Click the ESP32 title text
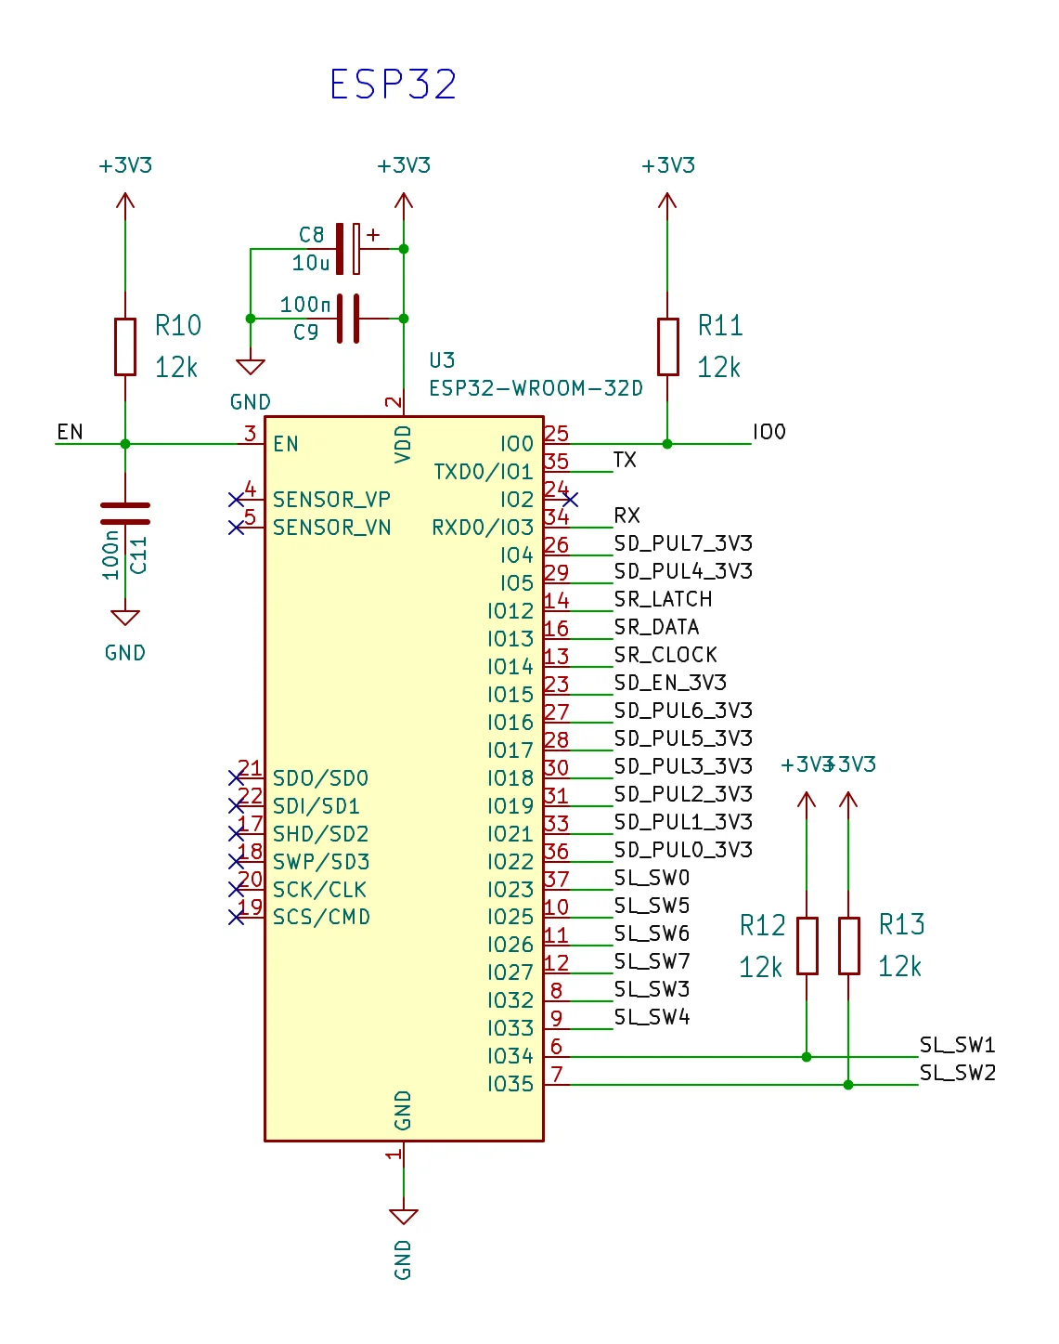pos(394,85)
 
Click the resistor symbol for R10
pos(125,346)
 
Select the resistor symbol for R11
pos(667,346)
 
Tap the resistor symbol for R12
pos(807,946)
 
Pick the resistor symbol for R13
pos(848,946)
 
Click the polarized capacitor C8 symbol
pos(349,249)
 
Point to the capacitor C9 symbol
pos(349,319)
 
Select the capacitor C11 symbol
pos(125,514)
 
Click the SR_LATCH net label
pos(663,599)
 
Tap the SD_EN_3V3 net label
pos(669,683)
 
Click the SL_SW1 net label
pos(957,1045)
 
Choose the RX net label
pos(626,515)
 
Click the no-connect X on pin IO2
pos(570,500)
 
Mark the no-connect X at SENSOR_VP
pos(236,500)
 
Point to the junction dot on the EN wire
pos(125,444)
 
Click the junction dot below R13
pos(848,1085)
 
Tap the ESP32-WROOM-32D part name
pos(536,388)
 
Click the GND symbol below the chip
pos(404,1216)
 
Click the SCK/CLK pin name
pos(319,890)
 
